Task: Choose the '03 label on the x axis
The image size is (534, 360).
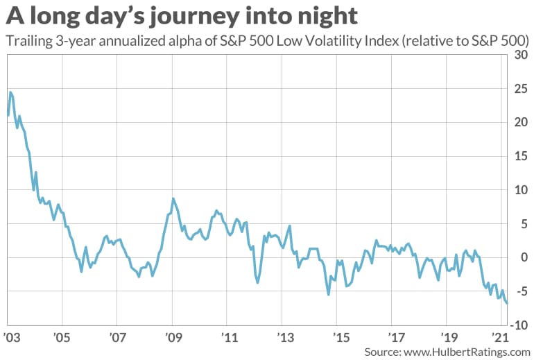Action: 11,337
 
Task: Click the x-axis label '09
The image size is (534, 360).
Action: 173,337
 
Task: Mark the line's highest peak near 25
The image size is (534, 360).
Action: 10,92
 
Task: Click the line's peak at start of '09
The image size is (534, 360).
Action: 173,199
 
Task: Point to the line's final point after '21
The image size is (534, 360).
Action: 507,303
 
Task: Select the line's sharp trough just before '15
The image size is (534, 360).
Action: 328,294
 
